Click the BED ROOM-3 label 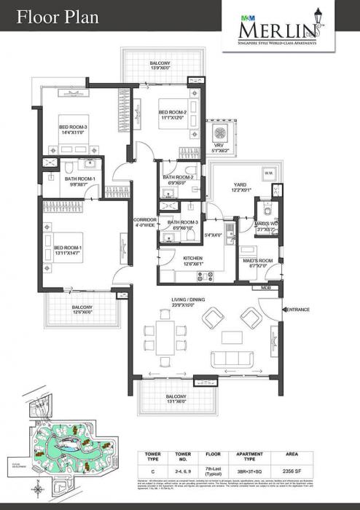[74, 126]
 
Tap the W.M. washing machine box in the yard [267, 173]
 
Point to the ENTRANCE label [297, 310]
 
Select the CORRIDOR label [144, 220]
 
